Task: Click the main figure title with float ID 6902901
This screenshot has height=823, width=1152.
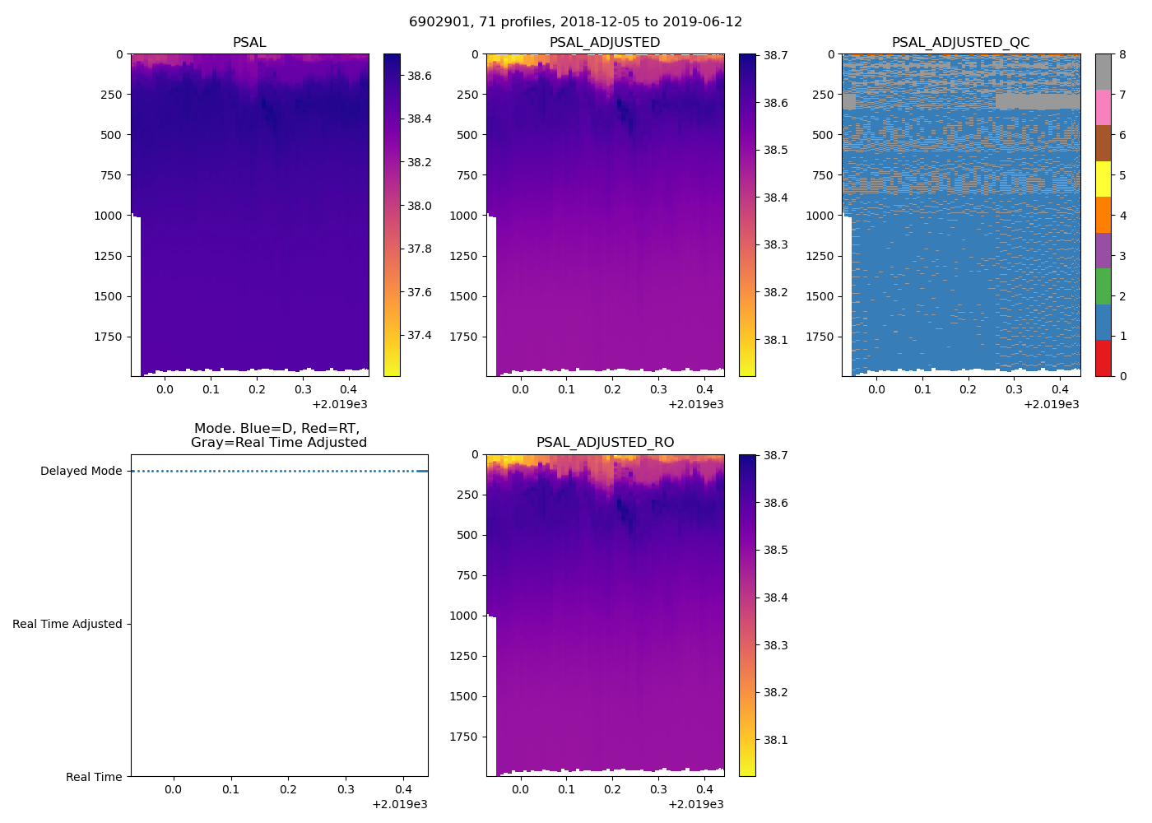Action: click(575, 22)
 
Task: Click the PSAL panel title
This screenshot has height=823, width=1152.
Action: click(249, 43)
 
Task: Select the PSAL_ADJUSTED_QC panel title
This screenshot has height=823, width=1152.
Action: click(960, 43)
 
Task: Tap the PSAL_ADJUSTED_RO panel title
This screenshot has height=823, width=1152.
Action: click(605, 443)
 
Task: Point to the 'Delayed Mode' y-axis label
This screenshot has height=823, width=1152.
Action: click(81, 472)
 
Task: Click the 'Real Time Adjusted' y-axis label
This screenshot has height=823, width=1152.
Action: click(67, 625)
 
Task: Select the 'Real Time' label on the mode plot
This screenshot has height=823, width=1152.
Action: click(94, 778)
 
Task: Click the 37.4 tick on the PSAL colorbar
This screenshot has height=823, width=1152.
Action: click(419, 336)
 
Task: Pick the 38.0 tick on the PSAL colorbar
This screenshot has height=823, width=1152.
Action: click(419, 206)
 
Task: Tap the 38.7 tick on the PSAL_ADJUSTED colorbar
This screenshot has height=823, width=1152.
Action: click(775, 56)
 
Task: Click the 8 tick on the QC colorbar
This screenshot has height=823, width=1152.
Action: click(1122, 54)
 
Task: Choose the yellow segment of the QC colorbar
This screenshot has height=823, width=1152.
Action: click(1103, 179)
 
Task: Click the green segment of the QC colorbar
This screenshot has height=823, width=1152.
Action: click(1103, 286)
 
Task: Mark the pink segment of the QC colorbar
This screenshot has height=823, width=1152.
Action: click(1103, 108)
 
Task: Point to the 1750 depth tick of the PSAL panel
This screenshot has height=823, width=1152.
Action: click(108, 337)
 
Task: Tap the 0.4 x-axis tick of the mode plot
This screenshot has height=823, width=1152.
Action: click(403, 790)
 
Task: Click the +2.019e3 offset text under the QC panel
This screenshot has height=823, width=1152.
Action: click(1051, 404)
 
